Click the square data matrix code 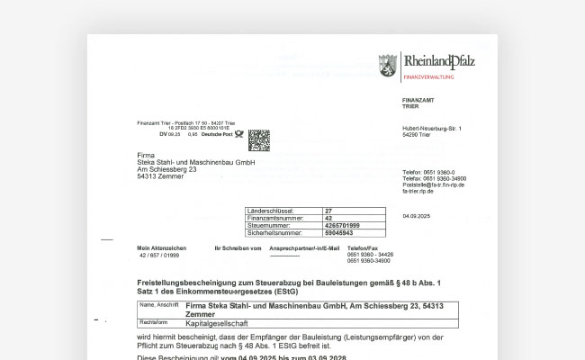(258, 139)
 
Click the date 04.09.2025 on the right (417, 216)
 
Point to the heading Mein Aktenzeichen (161, 247)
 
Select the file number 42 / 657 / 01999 (158, 256)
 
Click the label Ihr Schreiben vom (238, 247)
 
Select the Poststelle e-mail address (434, 184)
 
